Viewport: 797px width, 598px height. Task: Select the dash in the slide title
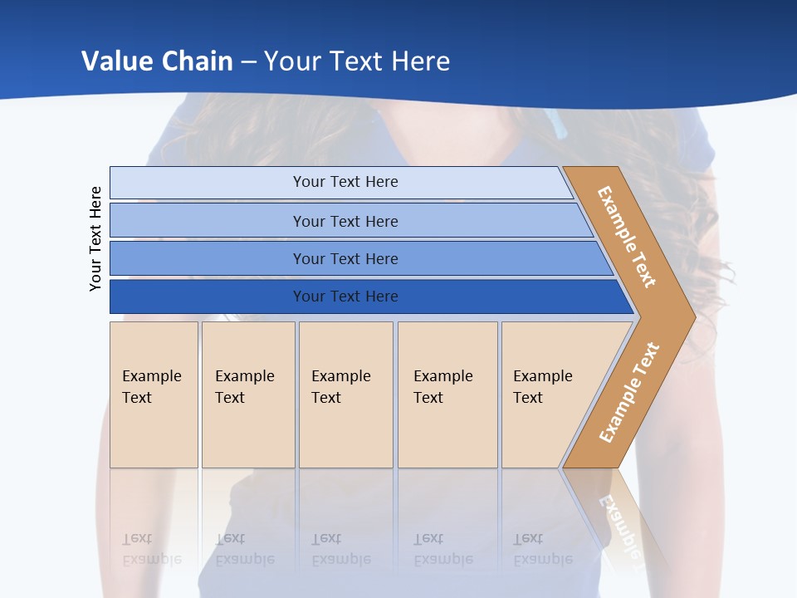pyautogui.click(x=250, y=61)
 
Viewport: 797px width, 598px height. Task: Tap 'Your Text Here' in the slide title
pyautogui.click(x=357, y=61)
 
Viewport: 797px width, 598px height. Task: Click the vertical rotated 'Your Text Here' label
pyautogui.click(x=95, y=239)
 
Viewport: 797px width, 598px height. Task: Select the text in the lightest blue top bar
pyautogui.click(x=345, y=182)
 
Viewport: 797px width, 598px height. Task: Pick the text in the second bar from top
pyautogui.click(x=345, y=222)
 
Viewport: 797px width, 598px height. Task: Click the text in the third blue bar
pyautogui.click(x=345, y=259)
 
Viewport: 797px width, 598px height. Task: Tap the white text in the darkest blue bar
pyautogui.click(x=345, y=297)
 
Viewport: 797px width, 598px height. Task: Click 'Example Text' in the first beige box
pyautogui.click(x=151, y=387)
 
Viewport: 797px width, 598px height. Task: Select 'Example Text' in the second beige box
pyautogui.click(x=244, y=387)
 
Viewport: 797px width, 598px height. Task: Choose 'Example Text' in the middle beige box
pyautogui.click(x=340, y=387)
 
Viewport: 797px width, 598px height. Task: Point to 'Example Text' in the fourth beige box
pyautogui.click(x=443, y=387)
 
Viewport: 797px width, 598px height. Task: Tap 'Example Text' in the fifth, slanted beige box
pyautogui.click(x=542, y=387)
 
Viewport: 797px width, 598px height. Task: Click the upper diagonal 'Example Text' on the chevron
pyautogui.click(x=627, y=237)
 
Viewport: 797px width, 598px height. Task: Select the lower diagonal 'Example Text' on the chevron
pyautogui.click(x=629, y=392)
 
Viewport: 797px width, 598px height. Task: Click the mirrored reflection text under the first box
pyautogui.click(x=151, y=549)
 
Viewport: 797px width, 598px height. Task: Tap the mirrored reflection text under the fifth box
pyautogui.click(x=542, y=549)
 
